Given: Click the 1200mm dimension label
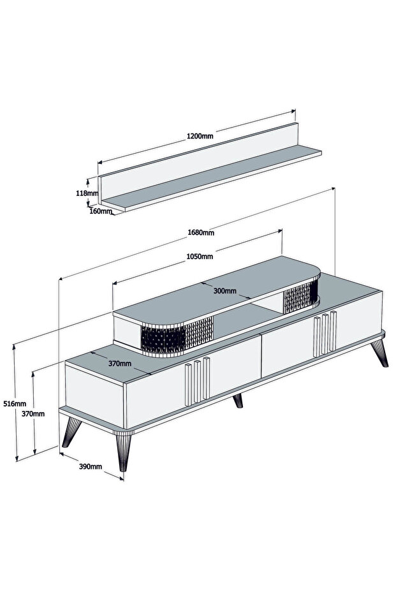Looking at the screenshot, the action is (200, 136).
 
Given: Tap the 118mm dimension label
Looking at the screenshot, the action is (87, 193).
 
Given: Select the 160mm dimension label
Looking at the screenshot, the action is (101, 211).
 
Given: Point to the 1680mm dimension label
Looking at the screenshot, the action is (201, 232).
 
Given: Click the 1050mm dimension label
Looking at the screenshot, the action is (200, 256).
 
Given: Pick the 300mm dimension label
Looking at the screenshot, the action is (225, 291).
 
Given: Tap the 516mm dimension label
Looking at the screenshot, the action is (15, 404).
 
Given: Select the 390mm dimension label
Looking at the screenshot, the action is (91, 466).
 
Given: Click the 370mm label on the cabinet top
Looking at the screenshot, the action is (120, 364).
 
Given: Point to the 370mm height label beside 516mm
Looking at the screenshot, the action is (33, 413).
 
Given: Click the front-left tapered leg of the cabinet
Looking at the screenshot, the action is (124, 452).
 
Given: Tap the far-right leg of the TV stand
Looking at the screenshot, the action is (379, 353).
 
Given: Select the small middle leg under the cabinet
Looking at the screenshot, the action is (238, 401).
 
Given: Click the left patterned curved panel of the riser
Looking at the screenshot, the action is (177, 336).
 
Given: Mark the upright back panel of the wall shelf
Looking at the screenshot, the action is (198, 159).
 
